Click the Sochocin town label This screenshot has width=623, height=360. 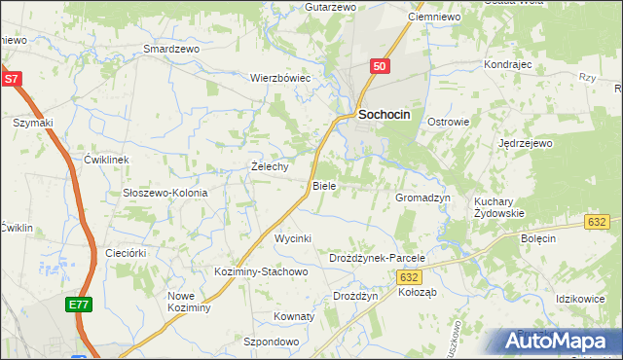(x=385, y=114)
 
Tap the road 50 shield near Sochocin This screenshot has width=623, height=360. (x=380, y=66)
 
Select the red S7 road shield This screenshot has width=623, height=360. (x=11, y=78)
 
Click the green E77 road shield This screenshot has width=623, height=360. (x=80, y=306)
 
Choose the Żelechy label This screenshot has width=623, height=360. (x=270, y=166)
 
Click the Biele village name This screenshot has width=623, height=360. (x=324, y=185)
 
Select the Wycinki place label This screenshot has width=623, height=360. (x=293, y=238)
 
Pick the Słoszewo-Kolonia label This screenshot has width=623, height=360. (x=165, y=193)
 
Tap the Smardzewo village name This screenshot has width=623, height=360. (x=171, y=48)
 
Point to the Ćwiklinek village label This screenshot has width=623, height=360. (x=107, y=159)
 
